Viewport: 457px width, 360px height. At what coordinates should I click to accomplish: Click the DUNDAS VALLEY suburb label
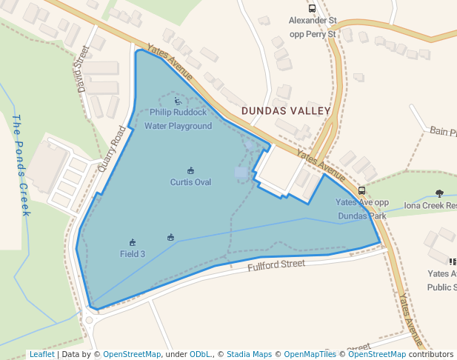285,110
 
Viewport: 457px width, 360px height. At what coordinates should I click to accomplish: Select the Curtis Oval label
190,181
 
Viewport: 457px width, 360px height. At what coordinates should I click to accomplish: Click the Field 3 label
133,253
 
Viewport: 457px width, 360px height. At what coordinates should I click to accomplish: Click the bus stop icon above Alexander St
312,9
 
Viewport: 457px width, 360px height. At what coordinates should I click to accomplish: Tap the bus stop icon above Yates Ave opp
361,190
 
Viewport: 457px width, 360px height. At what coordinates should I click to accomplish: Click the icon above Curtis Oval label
190,171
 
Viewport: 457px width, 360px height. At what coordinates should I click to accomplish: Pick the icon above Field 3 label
133,242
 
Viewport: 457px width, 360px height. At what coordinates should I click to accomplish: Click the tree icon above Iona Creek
440,193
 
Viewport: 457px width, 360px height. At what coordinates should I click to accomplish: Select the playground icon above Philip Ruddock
178,101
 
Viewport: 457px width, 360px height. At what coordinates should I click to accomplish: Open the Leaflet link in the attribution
41,354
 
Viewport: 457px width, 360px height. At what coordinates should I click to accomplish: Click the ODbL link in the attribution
200,354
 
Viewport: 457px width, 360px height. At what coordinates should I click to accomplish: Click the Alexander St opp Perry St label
312,27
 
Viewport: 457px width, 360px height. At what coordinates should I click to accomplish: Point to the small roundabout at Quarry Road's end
89,321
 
